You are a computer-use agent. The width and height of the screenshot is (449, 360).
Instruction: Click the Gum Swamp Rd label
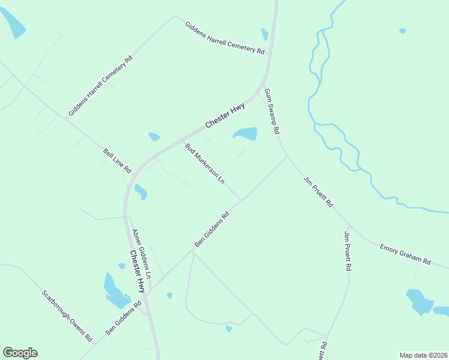coord(273,110)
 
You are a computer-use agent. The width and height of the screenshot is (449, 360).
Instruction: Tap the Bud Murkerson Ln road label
coord(205,163)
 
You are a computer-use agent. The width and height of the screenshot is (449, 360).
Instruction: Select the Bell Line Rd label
coord(117,162)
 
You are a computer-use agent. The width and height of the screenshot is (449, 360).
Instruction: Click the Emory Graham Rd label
coord(405,253)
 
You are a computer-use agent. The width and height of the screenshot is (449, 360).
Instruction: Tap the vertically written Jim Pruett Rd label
coord(347,251)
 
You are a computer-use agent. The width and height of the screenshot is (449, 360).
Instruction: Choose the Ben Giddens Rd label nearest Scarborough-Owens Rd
coord(123,317)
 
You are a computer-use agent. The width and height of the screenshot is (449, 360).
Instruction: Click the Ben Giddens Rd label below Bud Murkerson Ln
coord(212,229)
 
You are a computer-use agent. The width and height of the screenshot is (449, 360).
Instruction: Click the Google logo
coord(20,353)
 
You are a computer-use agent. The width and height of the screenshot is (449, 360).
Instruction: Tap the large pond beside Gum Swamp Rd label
coord(246,133)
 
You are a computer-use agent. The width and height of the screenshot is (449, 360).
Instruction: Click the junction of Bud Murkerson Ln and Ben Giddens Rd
coord(243,200)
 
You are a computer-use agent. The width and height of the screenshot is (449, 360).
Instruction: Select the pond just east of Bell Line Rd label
coord(140,192)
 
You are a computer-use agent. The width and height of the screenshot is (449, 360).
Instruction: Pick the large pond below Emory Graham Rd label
coord(418,301)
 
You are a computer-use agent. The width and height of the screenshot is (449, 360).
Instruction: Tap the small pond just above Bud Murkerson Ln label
coord(154,137)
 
